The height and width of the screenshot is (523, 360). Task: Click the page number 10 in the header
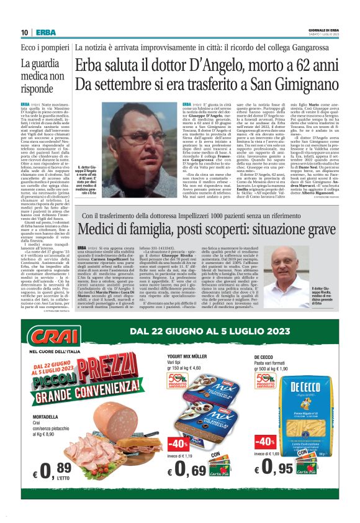tap(25, 32)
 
